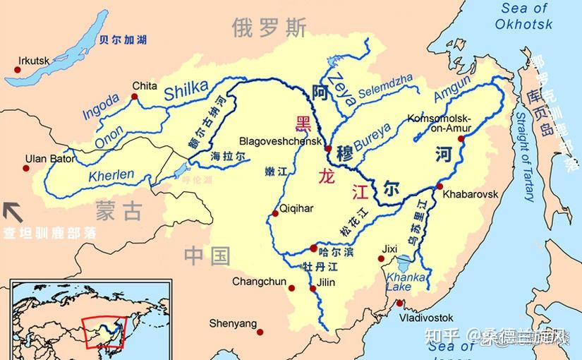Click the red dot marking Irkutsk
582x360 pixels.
(x=17, y=69)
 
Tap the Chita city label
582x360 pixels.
(x=145, y=85)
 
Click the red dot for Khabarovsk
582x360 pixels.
(x=439, y=186)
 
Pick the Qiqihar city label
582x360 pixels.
(x=296, y=208)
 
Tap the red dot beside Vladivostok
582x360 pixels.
(x=399, y=304)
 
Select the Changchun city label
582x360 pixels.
(x=259, y=282)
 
